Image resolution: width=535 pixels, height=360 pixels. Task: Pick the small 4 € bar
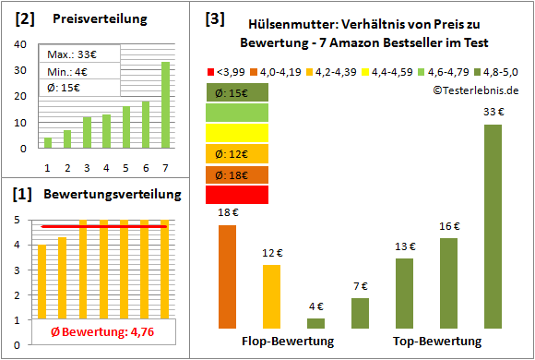[315, 323]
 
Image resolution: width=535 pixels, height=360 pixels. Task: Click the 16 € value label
[449, 225]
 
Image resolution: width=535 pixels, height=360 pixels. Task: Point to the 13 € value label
[405, 246]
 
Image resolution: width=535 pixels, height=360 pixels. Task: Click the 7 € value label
[361, 285]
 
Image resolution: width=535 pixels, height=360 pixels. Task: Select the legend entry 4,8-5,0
[500, 70]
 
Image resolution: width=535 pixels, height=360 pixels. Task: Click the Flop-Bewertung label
[288, 342]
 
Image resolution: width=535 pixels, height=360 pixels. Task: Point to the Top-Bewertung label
[437, 342]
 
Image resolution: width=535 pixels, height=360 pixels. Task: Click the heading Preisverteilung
[97, 18]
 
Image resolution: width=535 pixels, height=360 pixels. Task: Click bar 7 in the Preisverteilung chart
[165, 104]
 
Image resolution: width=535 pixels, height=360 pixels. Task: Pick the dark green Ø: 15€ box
[237, 92]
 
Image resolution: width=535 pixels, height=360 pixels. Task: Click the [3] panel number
[214, 18]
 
